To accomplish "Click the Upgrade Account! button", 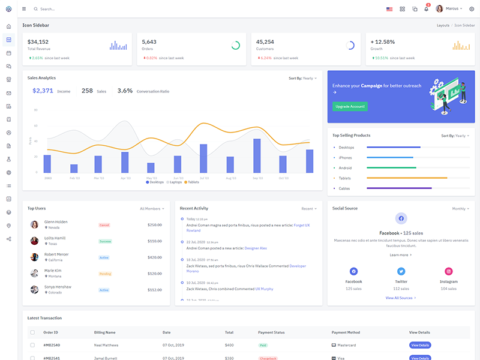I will (x=350, y=106).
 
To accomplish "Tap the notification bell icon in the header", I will (x=427, y=9).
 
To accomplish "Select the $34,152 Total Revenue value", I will (x=38, y=42).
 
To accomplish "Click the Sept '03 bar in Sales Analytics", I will (x=257, y=156).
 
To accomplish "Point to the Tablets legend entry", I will (x=191, y=182).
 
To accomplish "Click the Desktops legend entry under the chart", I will (x=155, y=182).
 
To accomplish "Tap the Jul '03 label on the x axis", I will (x=204, y=178).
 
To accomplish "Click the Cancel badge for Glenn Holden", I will (x=104, y=225).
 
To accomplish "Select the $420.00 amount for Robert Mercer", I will (x=155, y=257).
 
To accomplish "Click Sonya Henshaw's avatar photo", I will (x=35, y=289).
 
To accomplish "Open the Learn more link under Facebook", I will (x=401, y=255).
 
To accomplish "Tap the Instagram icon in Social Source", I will (x=448, y=272).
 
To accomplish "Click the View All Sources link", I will (x=401, y=298).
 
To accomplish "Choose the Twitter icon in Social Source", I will (x=401, y=272).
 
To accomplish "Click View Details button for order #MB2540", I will (x=420, y=345).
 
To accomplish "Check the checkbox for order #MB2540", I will (x=32, y=345).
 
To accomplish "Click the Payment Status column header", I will (x=271, y=332).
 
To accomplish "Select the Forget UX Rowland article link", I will (x=302, y=225).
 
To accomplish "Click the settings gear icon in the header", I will (x=472, y=9).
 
